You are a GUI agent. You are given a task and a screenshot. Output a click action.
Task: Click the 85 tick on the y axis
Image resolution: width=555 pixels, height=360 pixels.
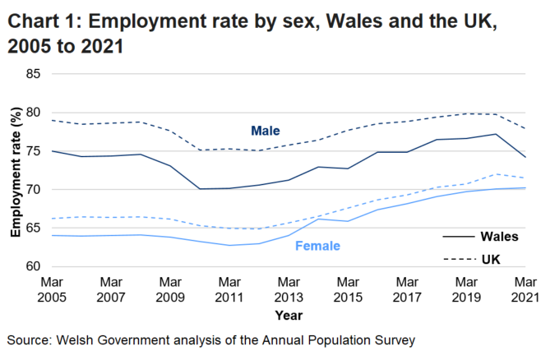pyautogui.click(x=33, y=74)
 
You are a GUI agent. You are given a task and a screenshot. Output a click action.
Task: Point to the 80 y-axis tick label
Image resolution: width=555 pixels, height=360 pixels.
pyautogui.click(x=33, y=113)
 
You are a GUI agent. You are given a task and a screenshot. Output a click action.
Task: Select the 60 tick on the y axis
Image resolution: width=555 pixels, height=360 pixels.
pyautogui.click(x=33, y=266)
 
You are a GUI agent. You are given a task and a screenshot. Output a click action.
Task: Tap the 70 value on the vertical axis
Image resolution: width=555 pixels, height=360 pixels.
pyautogui.click(x=33, y=190)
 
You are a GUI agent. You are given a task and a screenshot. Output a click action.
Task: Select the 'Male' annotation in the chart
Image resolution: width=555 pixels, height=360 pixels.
pyautogui.click(x=266, y=131)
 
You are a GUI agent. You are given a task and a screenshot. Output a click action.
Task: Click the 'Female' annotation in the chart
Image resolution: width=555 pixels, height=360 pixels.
pyautogui.click(x=317, y=245)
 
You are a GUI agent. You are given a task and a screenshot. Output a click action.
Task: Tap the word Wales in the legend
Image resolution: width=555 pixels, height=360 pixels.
pyautogui.click(x=501, y=237)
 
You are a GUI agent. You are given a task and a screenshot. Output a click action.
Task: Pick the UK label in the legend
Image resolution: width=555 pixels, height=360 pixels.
pyautogui.click(x=492, y=259)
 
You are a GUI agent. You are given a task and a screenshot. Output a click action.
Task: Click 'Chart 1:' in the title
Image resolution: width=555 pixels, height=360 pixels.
pyautogui.click(x=45, y=23)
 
